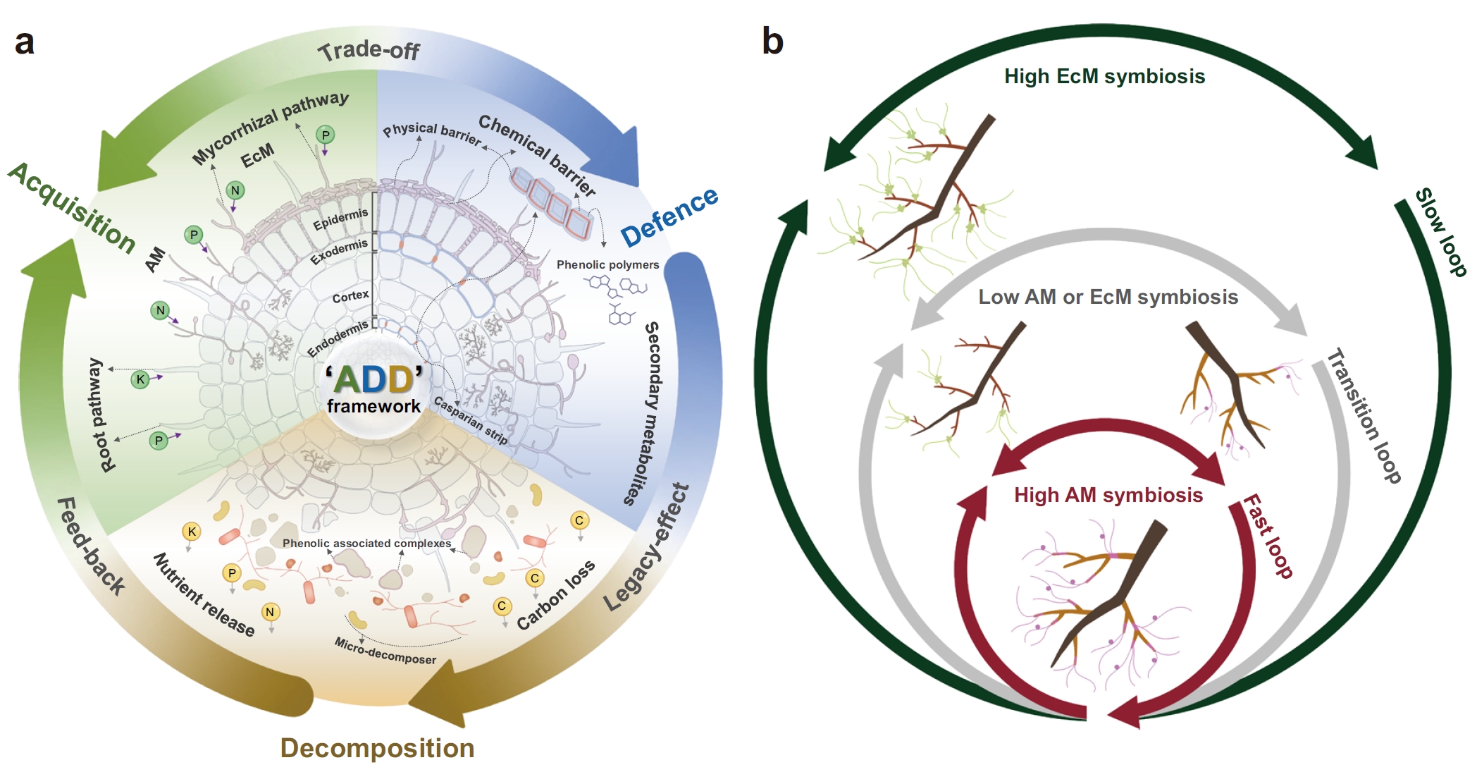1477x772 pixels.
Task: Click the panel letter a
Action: coord(24,42)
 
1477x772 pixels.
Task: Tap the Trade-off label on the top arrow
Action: coord(369,51)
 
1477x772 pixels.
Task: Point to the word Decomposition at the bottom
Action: coord(377,748)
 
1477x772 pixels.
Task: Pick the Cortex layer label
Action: coord(350,296)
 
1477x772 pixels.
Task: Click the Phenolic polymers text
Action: coord(607,264)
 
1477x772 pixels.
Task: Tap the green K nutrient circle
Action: coord(140,379)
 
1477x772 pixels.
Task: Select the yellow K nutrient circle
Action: coord(191,532)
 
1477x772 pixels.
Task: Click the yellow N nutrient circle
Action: coord(270,612)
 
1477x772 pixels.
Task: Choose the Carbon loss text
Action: coord(555,596)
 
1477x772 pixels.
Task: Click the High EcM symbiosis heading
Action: coord(1104,76)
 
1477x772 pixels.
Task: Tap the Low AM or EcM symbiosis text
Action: coord(1108,297)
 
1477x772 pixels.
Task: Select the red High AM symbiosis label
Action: coord(1108,495)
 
